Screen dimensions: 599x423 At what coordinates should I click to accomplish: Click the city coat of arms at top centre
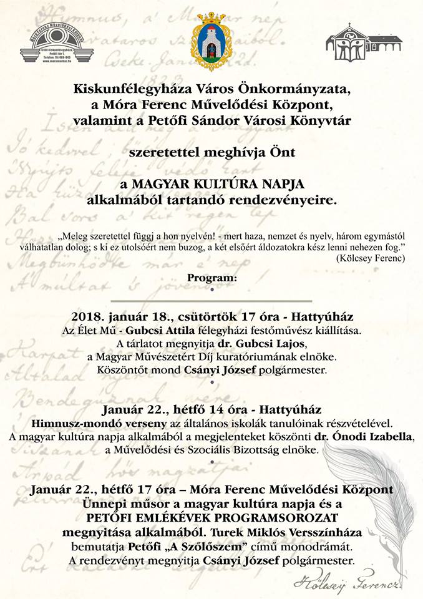tap(211, 39)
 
